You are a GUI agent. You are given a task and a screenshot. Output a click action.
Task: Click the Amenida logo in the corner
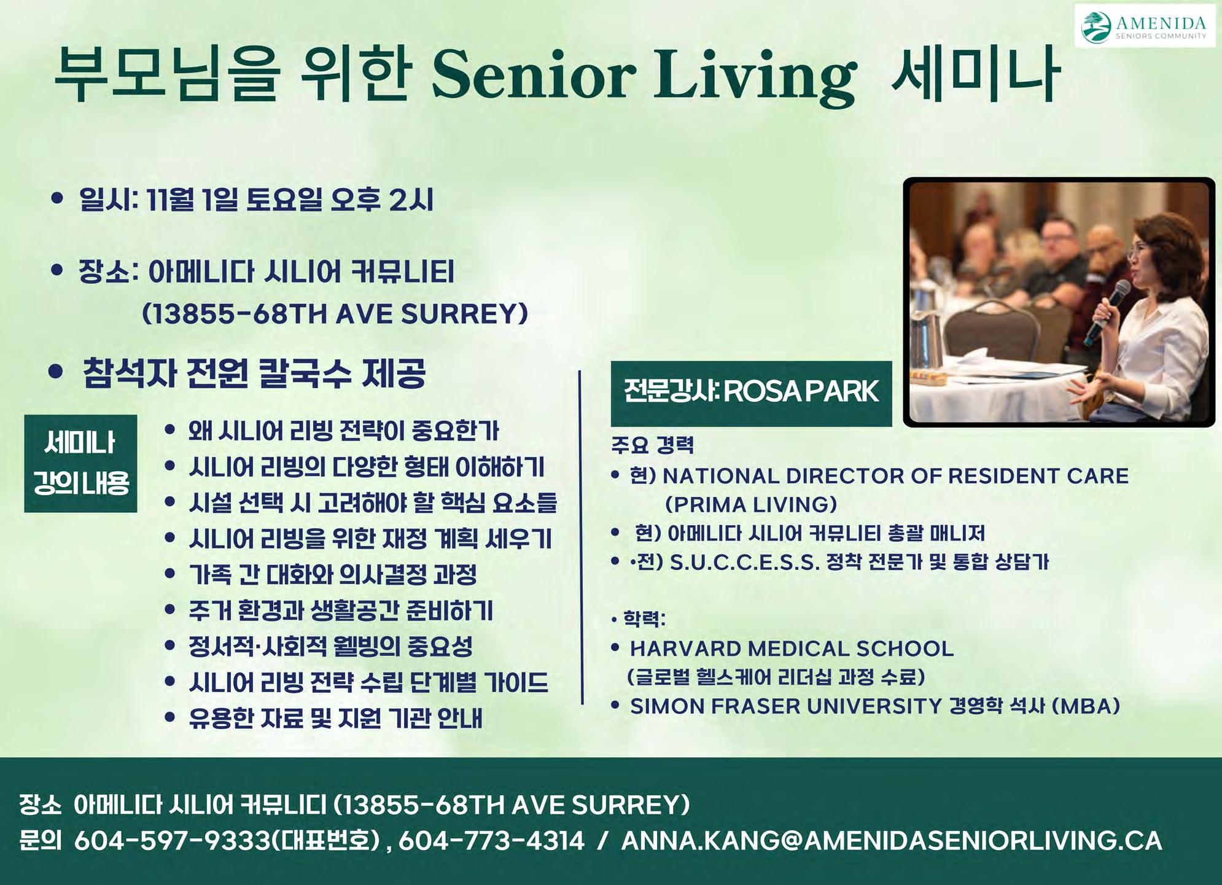(1145, 26)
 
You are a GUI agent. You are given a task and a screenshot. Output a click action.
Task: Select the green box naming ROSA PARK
(751, 394)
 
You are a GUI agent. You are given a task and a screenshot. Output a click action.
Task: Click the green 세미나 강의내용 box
(80, 463)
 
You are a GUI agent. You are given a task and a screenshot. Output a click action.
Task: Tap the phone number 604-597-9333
(173, 841)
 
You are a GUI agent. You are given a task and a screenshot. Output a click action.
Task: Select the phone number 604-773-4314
(491, 841)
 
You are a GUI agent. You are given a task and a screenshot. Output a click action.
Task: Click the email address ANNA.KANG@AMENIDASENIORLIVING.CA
(892, 841)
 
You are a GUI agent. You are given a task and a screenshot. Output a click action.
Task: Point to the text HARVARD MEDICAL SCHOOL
(792, 649)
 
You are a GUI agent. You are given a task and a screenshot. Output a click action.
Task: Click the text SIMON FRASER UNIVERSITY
(786, 706)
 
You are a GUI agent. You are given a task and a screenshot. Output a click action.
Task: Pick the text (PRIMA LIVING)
(751, 505)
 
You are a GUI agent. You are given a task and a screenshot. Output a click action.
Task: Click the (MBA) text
(1086, 706)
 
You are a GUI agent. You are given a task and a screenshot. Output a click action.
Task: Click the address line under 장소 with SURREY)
(335, 314)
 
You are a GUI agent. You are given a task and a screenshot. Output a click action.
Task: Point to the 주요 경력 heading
(652, 445)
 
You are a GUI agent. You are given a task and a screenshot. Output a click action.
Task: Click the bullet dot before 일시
(58, 198)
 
